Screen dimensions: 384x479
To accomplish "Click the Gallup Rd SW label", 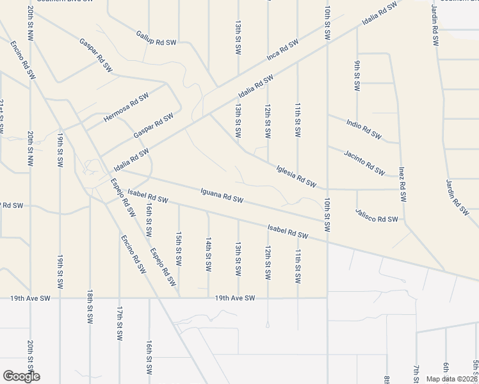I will tap(156, 38).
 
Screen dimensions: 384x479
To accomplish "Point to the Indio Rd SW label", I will tap(363, 129).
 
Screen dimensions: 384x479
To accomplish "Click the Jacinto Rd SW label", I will tap(364, 163).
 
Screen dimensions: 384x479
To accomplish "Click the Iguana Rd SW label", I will tap(222, 195).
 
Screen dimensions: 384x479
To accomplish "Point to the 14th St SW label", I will tap(208, 253).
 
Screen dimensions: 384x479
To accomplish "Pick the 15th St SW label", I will tap(179, 249).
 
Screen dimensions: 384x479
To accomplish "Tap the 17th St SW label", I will tap(119, 323).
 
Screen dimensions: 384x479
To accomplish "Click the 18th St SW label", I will tap(90, 306).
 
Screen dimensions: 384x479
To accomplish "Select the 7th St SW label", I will tap(416, 374).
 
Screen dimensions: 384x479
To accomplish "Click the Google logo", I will tap(21, 376).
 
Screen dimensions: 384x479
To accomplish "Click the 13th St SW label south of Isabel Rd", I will tap(238, 259).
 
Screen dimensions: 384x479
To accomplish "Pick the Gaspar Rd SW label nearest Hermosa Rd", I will tap(154, 125).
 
